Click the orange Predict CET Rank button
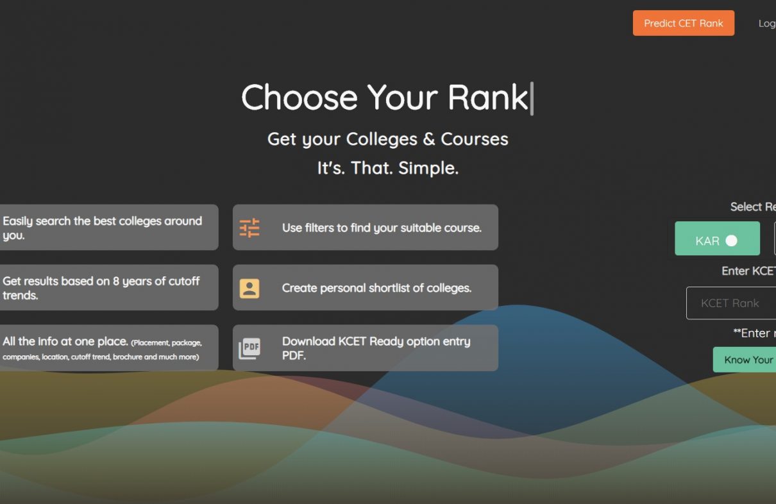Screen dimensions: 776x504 pyautogui.click(x=684, y=23)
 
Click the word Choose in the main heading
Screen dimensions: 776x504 pyautogui.click(x=299, y=97)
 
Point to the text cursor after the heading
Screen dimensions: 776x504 pyautogui.click(x=532, y=98)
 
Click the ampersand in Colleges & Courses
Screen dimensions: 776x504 pyautogui.click(x=429, y=139)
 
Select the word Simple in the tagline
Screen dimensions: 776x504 pyautogui.click(x=428, y=169)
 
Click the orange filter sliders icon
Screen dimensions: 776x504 pyautogui.click(x=249, y=228)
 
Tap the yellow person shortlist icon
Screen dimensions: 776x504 pyautogui.click(x=249, y=288)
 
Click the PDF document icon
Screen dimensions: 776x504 pyautogui.click(x=249, y=348)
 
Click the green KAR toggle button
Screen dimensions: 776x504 pyautogui.click(x=717, y=239)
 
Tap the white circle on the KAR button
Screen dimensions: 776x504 pyautogui.click(x=731, y=240)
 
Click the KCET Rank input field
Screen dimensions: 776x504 pyautogui.click(x=731, y=303)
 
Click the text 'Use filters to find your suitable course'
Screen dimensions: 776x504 pyautogui.click(x=382, y=228)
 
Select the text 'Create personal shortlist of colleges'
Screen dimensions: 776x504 pyautogui.click(x=376, y=288)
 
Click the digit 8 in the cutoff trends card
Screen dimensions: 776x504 pyautogui.click(x=116, y=281)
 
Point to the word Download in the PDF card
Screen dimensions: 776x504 pyautogui.click(x=308, y=342)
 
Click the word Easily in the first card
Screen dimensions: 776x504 pyautogui.click(x=18, y=222)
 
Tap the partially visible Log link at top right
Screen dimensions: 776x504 pyautogui.click(x=767, y=24)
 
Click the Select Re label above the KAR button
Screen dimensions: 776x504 pyautogui.click(x=753, y=207)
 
